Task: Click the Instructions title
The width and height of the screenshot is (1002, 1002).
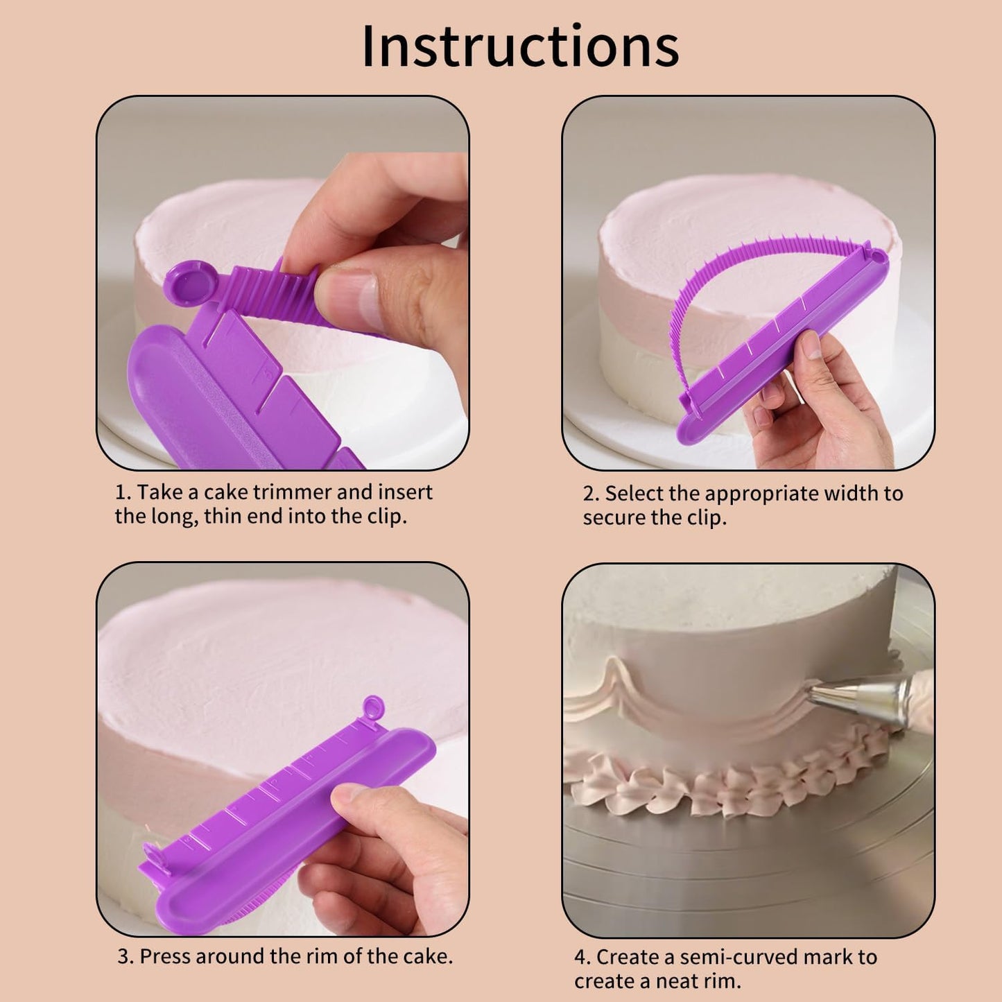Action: (520, 46)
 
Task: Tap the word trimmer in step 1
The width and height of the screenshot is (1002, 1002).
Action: (292, 492)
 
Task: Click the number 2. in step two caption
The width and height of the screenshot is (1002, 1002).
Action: (591, 494)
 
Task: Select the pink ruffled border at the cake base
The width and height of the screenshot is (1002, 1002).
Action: (728, 777)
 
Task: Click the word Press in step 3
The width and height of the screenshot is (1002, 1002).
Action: (167, 956)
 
